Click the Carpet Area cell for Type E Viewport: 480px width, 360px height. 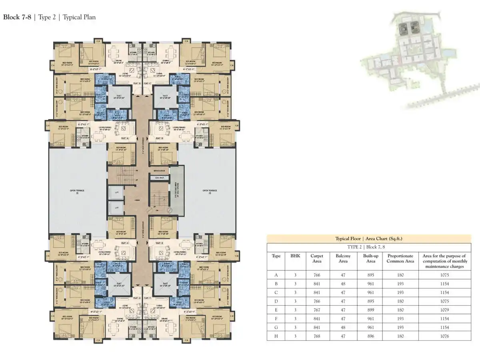(x=317, y=310)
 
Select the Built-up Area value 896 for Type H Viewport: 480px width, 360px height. (x=371, y=336)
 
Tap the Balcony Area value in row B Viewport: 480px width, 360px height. (x=343, y=284)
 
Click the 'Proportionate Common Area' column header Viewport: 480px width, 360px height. (x=400, y=258)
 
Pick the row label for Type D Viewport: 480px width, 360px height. (x=276, y=301)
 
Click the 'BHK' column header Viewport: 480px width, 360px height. (x=295, y=256)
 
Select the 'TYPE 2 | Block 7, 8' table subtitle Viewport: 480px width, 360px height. (x=369, y=247)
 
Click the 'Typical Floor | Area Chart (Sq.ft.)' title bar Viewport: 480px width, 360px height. (x=369, y=238)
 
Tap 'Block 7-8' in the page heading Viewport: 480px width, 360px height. (x=18, y=17)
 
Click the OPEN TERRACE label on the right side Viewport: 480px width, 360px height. (x=209, y=191)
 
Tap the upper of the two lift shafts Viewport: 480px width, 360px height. (x=117, y=193)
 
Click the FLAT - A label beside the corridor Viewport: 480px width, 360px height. (x=125, y=138)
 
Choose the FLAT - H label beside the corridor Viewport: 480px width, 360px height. (x=125, y=243)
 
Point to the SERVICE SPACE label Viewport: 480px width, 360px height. (x=159, y=171)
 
